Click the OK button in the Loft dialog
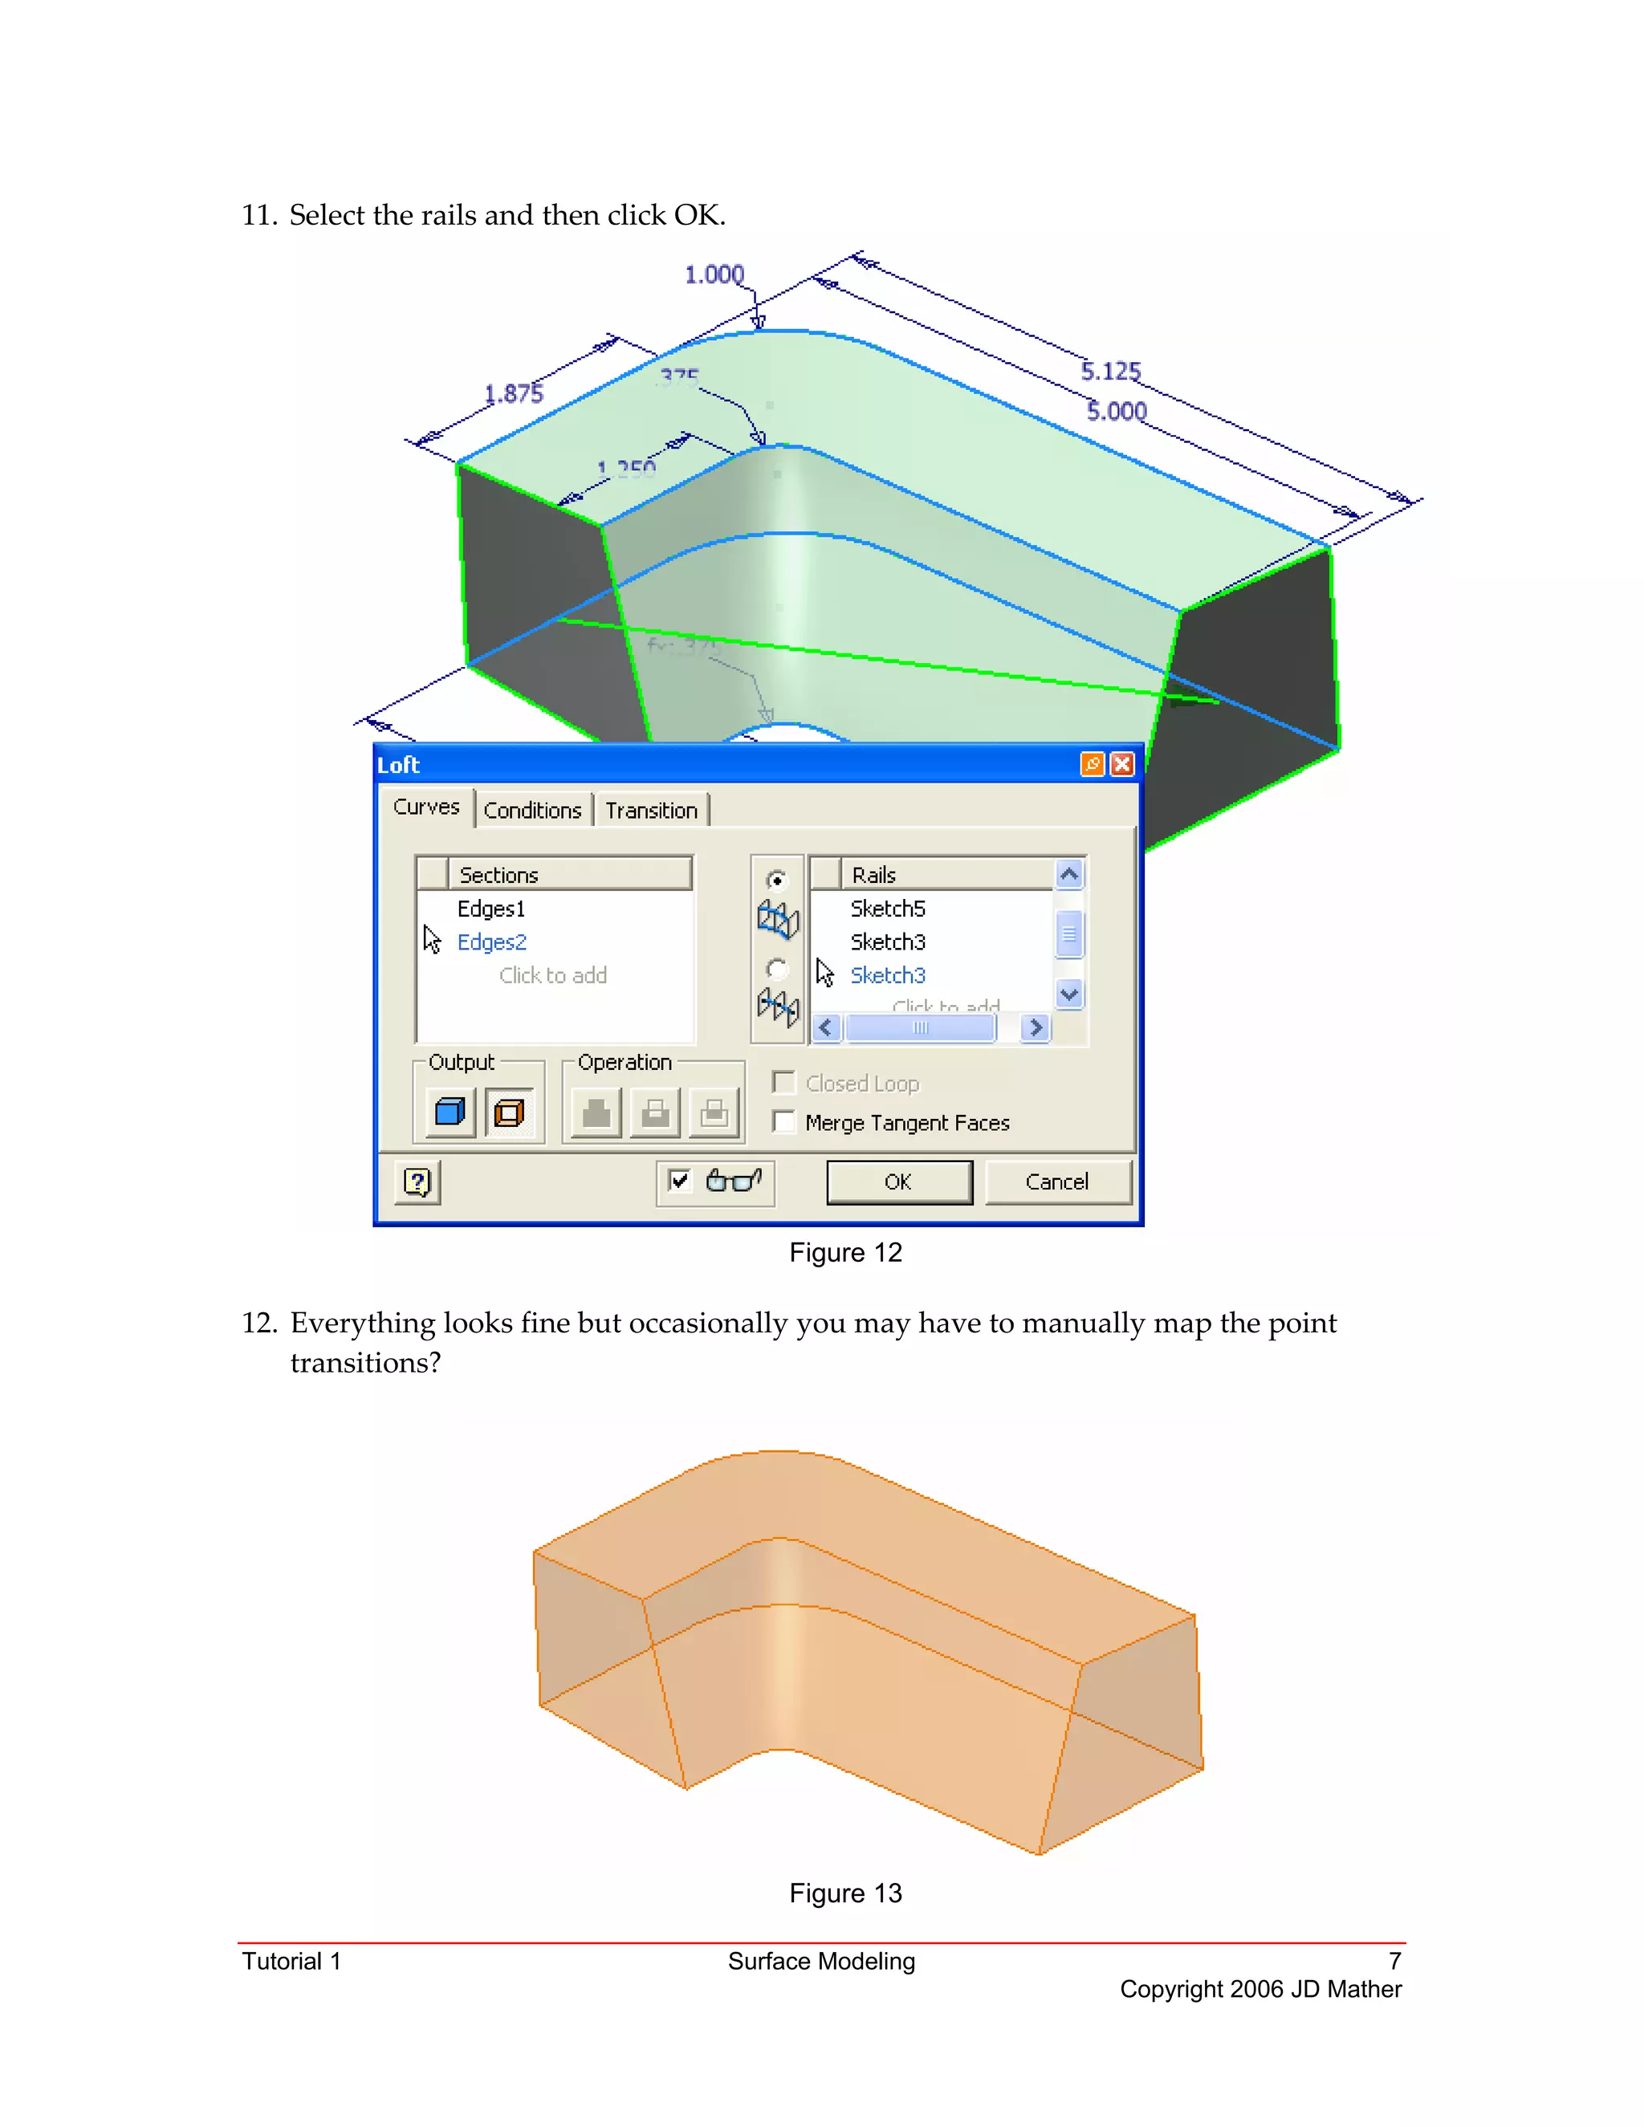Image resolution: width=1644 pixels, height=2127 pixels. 898,1181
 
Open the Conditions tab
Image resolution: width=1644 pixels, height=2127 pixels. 531,811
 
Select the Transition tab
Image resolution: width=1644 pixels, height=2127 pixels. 650,811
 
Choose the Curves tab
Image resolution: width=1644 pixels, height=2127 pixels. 425,807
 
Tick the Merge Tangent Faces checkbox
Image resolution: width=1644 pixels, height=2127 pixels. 783,1122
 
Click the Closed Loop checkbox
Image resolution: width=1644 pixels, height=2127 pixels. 783,1083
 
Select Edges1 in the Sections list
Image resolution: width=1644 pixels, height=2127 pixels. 490,909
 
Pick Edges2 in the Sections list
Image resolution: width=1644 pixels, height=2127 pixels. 490,941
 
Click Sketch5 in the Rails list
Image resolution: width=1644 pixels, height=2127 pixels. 887,909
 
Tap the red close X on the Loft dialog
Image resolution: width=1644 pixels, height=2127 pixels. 1122,764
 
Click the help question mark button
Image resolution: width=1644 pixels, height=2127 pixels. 417,1182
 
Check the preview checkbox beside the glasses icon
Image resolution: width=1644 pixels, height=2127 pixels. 679,1181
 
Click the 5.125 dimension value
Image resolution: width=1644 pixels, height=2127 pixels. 1110,371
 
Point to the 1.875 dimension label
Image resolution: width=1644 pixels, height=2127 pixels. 513,393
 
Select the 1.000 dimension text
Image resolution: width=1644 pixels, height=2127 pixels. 714,275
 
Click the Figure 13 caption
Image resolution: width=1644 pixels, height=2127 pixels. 845,1893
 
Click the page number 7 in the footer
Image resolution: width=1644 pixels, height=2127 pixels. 1394,1961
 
